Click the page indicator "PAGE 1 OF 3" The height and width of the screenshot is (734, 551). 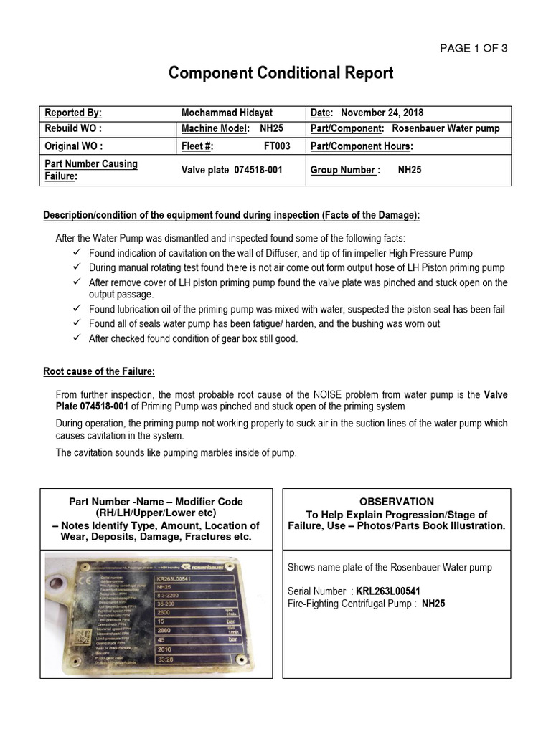click(x=474, y=48)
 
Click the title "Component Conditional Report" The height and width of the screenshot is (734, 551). click(x=281, y=73)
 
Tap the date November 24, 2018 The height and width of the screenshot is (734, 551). click(x=382, y=113)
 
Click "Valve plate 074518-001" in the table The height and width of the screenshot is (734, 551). click(x=233, y=171)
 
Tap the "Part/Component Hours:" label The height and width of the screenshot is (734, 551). click(x=362, y=146)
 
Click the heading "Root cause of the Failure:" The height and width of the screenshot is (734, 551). click(x=99, y=371)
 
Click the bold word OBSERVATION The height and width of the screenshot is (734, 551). click(x=397, y=502)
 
